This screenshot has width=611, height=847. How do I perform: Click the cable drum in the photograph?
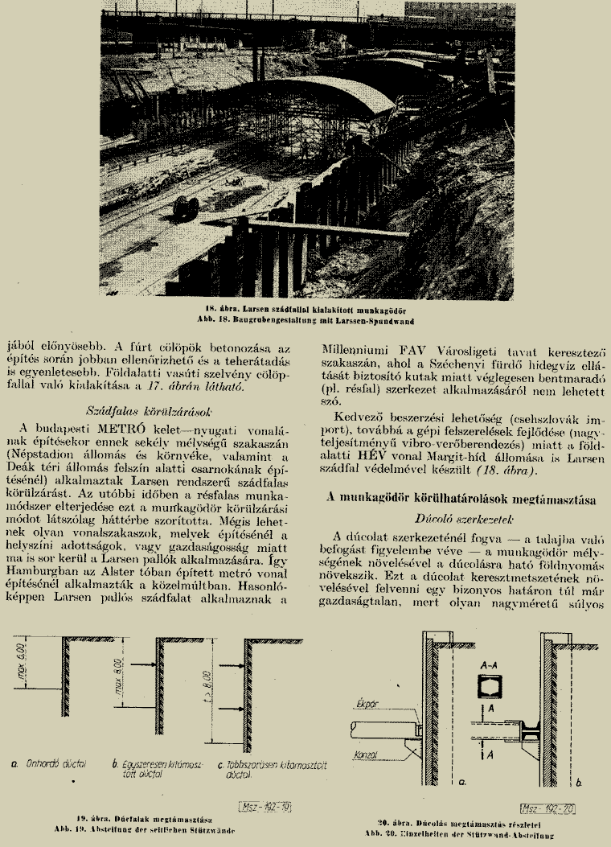click(185, 208)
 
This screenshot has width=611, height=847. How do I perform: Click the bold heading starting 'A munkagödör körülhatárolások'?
click(461, 499)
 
